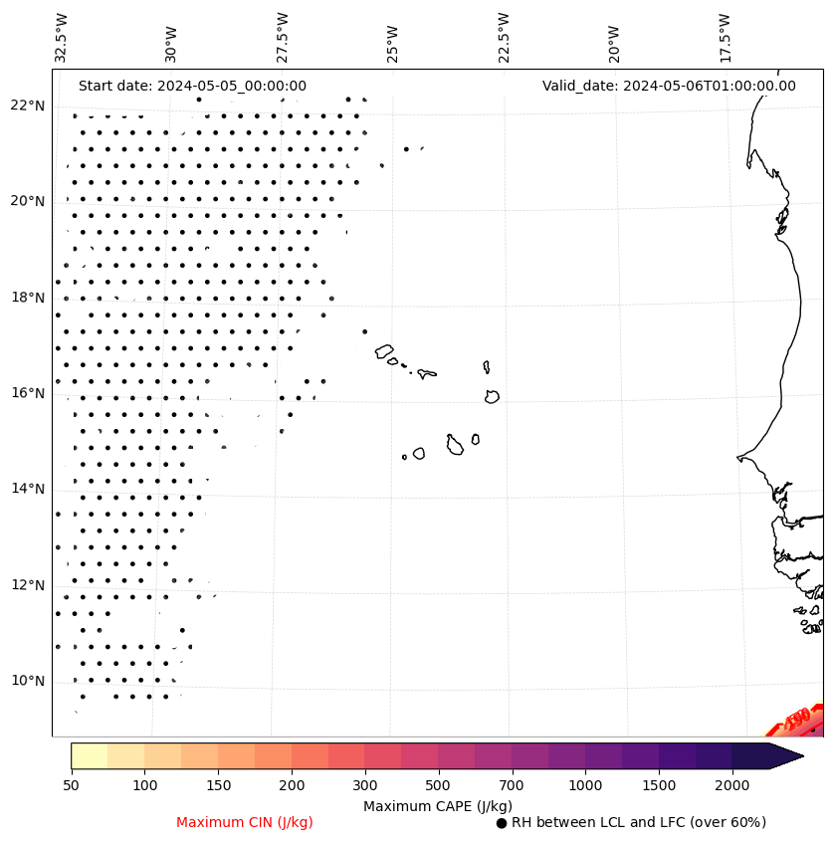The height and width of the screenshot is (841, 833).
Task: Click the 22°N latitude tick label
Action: [27, 105]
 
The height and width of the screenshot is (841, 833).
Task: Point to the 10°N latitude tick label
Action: [27, 681]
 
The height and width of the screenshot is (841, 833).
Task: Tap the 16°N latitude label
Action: [27, 393]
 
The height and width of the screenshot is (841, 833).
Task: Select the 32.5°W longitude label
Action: [62, 38]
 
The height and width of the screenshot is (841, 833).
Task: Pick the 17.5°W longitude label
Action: [726, 38]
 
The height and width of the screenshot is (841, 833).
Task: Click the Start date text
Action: [192, 86]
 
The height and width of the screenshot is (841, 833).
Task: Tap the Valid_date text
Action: [669, 86]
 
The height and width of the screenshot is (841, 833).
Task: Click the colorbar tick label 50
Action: [71, 786]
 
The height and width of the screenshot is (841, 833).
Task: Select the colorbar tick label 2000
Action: [732, 786]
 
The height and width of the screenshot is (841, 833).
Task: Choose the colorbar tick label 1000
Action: [585, 786]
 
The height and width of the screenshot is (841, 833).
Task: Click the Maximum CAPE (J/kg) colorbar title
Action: [437, 805]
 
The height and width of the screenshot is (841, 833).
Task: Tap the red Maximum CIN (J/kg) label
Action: [245, 822]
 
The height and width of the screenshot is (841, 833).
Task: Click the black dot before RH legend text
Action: [502, 823]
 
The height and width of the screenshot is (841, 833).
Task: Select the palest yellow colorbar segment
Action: [90, 755]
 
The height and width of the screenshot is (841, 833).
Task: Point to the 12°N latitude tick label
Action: [27, 585]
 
